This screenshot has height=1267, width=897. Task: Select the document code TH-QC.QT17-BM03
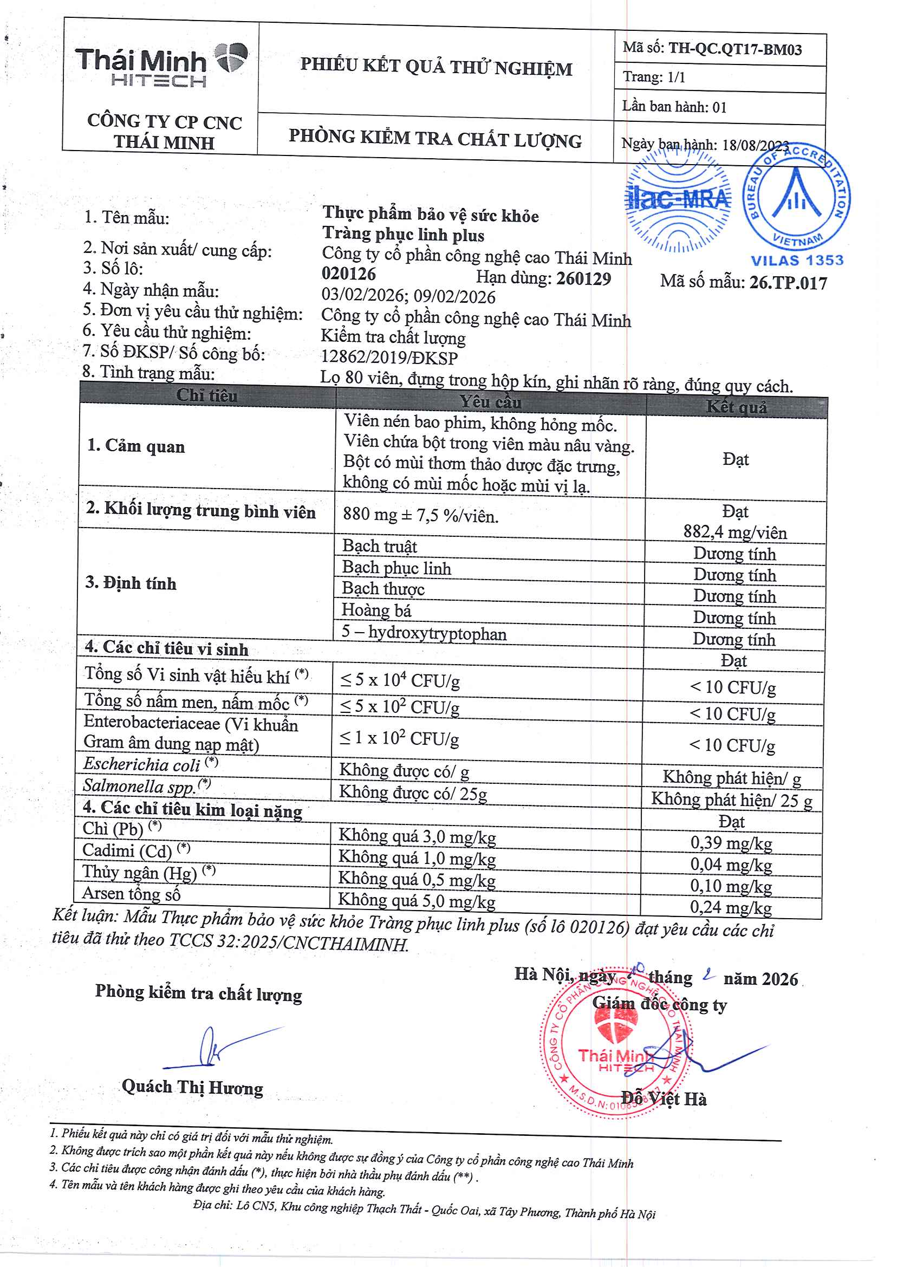click(734, 50)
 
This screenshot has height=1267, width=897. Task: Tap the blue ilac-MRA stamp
click(678, 199)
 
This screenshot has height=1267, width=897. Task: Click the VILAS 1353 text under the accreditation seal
click(797, 261)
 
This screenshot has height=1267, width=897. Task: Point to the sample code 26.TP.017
click(788, 283)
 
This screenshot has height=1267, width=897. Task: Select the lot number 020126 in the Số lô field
click(348, 274)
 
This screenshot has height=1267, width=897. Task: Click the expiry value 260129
click(583, 278)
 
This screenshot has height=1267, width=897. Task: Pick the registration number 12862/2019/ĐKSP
click(389, 358)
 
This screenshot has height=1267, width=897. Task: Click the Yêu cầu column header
click(490, 402)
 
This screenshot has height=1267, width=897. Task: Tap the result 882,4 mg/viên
click(734, 532)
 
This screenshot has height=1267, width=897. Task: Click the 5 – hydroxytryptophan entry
click(424, 633)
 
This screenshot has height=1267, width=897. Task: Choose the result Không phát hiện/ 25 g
click(731, 800)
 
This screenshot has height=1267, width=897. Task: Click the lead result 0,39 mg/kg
click(731, 843)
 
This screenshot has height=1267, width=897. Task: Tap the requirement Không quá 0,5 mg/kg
click(417, 879)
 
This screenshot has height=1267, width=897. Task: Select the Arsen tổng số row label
click(132, 893)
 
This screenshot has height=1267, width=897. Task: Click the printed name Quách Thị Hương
click(192, 1087)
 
